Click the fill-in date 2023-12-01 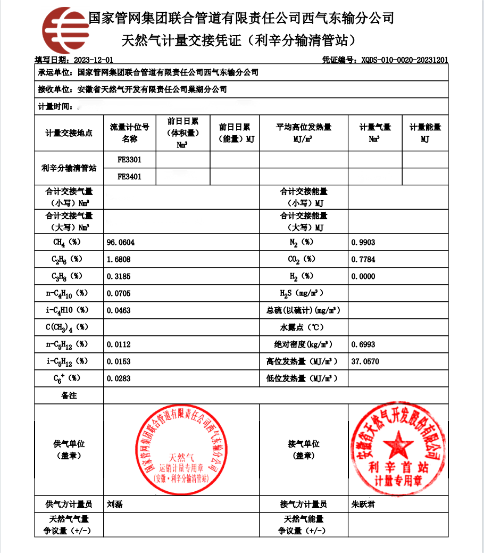pos(94,60)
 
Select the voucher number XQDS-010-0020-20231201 pos(404,60)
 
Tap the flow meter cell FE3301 pos(129,160)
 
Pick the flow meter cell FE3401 pos(129,176)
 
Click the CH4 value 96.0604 pos(121,242)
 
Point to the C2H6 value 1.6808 pos(119,259)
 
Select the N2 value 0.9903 pos(363,242)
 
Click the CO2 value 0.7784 pos(363,259)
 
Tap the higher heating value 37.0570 pos(365,361)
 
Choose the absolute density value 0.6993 pos(363,344)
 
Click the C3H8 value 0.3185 pos(119,276)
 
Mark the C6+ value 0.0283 pos(119,378)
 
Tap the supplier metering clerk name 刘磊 pos(115,504)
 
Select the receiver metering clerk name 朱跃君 pos(363,504)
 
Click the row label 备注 pos(69,395)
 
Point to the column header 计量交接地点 pos(69,133)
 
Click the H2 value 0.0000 pos(363,276)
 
